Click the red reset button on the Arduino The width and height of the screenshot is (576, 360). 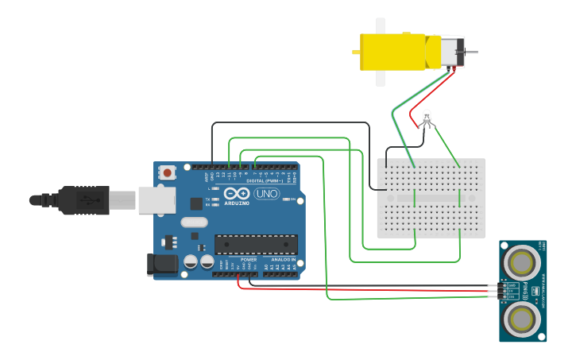(x=167, y=172)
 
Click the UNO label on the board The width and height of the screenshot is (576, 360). (x=267, y=194)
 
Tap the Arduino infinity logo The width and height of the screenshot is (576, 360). (x=237, y=193)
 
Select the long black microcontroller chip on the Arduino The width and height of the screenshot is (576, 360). (x=256, y=245)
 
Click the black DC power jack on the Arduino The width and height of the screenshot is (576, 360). (x=162, y=265)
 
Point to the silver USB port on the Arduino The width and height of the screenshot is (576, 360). (x=157, y=200)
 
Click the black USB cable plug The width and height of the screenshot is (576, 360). (x=83, y=200)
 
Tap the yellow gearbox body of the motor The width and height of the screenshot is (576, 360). (x=392, y=52)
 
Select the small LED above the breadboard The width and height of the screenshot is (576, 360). (x=427, y=118)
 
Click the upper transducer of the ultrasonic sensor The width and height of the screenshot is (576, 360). (x=523, y=261)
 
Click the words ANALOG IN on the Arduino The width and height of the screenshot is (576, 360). (x=283, y=260)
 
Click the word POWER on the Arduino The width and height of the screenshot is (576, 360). (x=249, y=260)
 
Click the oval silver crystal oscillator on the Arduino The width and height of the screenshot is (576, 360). (x=194, y=223)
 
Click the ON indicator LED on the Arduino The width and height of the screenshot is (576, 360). (x=285, y=199)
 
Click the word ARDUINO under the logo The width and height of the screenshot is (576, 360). (x=237, y=203)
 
